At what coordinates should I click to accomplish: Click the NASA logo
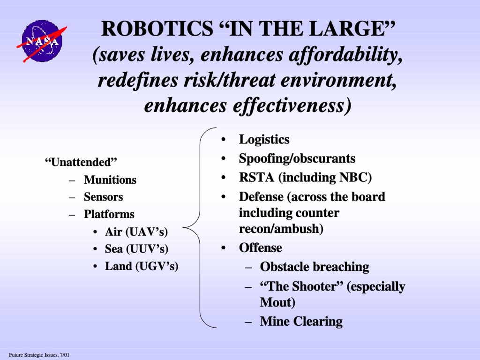point(42,41)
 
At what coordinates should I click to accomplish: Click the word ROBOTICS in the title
point(157,29)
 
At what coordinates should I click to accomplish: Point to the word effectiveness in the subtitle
point(292,106)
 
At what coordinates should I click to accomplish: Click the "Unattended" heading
point(81,162)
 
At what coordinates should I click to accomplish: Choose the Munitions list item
point(110,180)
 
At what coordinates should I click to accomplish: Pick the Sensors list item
point(104,197)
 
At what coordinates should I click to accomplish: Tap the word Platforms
point(109,214)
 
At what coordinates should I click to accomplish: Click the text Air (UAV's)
point(136,232)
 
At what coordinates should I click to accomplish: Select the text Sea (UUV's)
point(136,249)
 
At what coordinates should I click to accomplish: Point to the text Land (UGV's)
point(142,266)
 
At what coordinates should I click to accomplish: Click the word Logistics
point(264,140)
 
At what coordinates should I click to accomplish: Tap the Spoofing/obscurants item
point(297,158)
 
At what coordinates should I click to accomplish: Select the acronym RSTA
point(256,178)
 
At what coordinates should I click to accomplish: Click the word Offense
point(261,247)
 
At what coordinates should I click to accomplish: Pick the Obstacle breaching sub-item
point(315,267)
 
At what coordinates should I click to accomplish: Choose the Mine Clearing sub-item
point(301,322)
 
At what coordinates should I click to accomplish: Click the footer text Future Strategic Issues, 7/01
point(39,355)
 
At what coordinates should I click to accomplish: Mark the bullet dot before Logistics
point(223,140)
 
